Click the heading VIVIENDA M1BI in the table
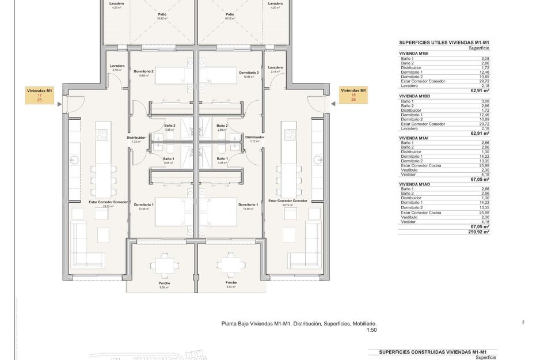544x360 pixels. [x=414, y=54]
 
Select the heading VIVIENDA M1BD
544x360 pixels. [x=414, y=96]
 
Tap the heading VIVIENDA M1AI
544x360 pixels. [x=414, y=138]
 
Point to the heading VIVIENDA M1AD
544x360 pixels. [x=414, y=184]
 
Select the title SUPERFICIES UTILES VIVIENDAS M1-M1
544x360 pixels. [x=444, y=43]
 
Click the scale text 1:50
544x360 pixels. [x=371, y=330]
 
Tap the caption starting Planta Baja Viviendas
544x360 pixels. [x=299, y=324]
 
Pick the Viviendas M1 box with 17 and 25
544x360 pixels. [x=40, y=96]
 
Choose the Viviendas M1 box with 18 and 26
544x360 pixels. [x=353, y=95]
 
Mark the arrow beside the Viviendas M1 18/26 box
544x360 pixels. [x=333, y=104]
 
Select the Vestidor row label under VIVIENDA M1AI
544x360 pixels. [x=409, y=175]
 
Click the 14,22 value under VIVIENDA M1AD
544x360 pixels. [x=484, y=203]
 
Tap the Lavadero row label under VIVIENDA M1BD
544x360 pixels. [x=409, y=128]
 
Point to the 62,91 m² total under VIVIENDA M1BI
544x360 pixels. [x=478, y=90]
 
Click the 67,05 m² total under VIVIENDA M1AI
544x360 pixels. [x=478, y=179]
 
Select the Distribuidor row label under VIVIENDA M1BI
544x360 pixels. [x=412, y=67]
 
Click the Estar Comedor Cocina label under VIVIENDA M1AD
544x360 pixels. [x=421, y=212]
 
